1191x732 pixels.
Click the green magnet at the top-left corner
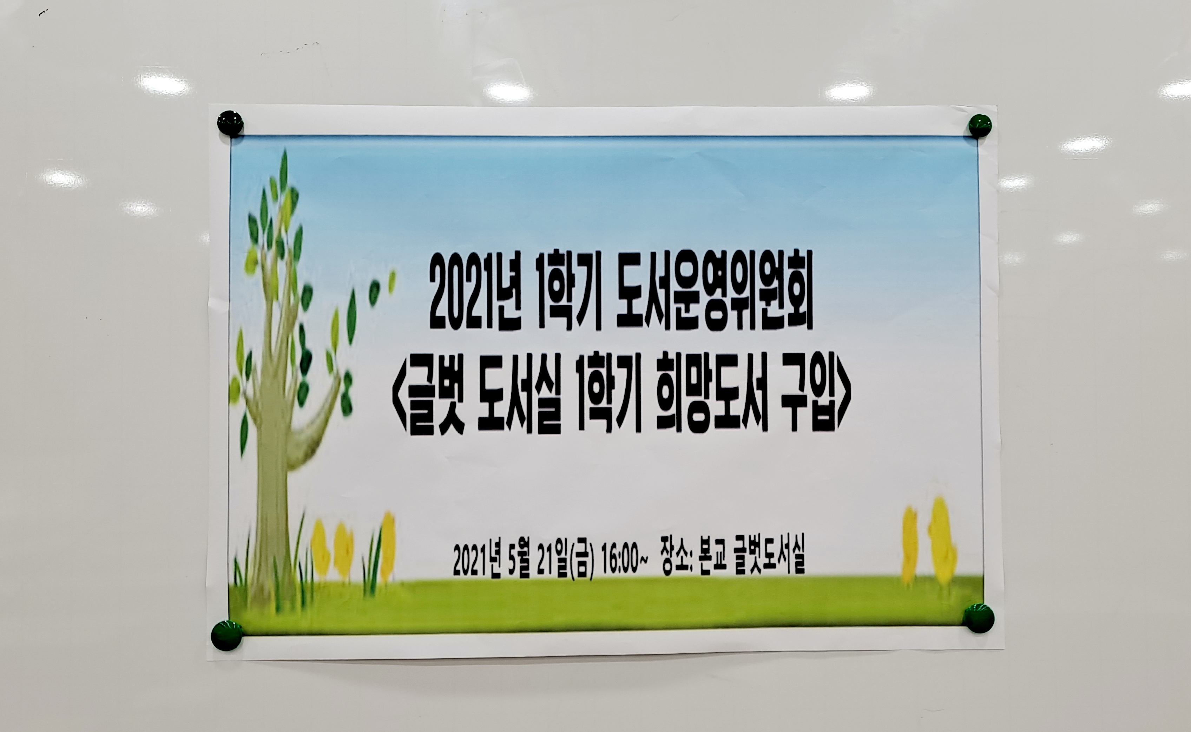(x=230, y=123)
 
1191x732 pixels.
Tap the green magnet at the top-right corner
(x=980, y=126)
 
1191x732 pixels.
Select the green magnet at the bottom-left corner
(x=226, y=636)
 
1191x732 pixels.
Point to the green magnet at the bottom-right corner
(x=979, y=618)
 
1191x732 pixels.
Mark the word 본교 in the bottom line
(x=714, y=561)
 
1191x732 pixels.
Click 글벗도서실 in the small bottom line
(x=769, y=561)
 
